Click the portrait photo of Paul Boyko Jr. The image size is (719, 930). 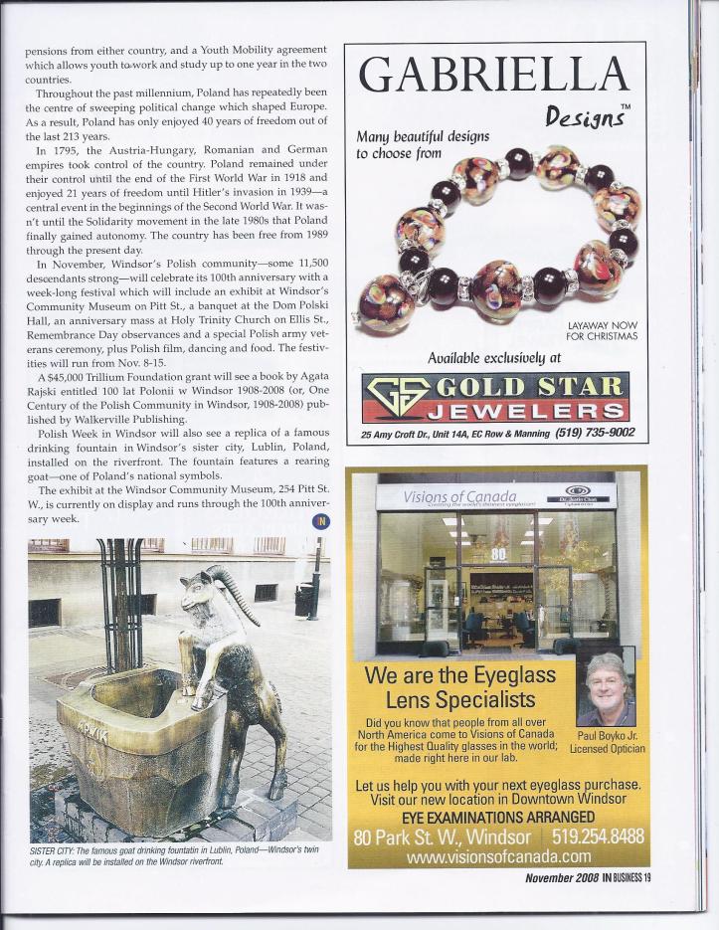pos(605,688)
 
